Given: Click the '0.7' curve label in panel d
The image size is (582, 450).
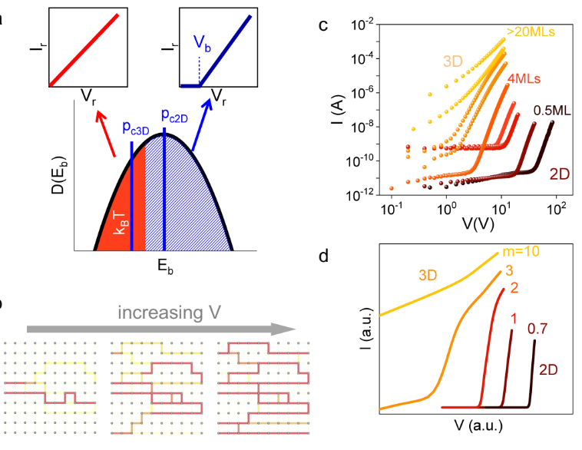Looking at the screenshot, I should coord(537,329).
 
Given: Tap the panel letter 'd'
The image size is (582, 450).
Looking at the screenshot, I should coord(324,256).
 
